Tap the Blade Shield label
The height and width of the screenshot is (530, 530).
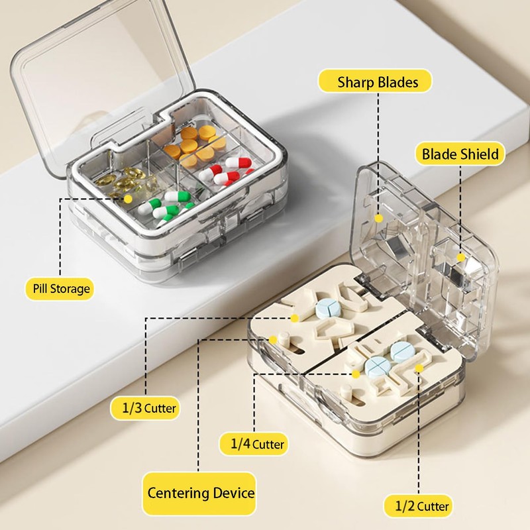point(460,155)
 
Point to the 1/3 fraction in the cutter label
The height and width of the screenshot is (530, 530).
point(132,407)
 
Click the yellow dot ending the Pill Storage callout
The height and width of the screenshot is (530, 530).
point(128,197)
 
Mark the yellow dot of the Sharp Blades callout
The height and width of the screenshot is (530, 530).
point(378,217)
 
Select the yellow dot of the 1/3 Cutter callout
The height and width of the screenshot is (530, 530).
point(295,318)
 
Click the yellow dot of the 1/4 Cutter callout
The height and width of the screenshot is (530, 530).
point(356,374)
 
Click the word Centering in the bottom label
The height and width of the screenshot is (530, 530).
point(175,493)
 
